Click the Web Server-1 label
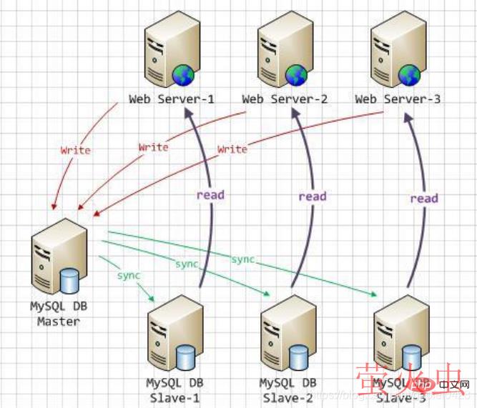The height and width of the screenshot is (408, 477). [x=172, y=99]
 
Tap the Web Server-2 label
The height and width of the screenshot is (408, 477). [x=285, y=99]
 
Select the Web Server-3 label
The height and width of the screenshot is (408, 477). [x=398, y=99]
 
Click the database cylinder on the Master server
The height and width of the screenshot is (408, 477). [x=69, y=280]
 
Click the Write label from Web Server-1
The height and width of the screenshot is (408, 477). [x=75, y=150]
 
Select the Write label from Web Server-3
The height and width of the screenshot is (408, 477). [x=232, y=149]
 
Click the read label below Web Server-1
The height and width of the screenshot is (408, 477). [x=211, y=194]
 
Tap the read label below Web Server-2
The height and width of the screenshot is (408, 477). [x=312, y=196]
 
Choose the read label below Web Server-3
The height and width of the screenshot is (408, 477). [x=423, y=198]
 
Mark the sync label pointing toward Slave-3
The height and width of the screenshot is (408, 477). [x=243, y=259]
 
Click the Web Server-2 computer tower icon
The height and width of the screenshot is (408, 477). [x=285, y=49]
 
